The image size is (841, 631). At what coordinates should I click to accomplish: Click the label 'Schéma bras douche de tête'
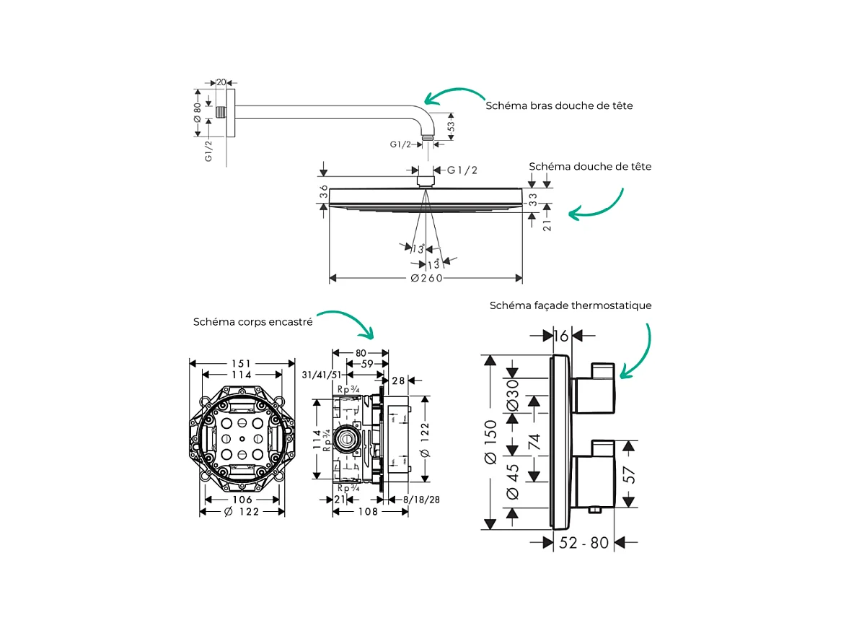click(x=559, y=105)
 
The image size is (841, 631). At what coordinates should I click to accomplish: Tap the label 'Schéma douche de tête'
click(x=590, y=167)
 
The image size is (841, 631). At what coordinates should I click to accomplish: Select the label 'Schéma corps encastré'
click(x=252, y=322)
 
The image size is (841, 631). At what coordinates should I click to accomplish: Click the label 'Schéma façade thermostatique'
click(x=571, y=305)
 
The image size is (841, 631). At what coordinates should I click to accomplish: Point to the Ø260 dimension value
click(x=426, y=279)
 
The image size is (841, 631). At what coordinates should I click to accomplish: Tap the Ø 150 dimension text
click(x=490, y=441)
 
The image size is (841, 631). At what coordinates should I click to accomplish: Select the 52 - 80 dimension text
click(x=584, y=542)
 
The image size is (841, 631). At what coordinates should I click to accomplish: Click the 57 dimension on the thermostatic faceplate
click(x=629, y=474)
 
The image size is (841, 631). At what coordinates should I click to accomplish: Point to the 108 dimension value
click(x=369, y=512)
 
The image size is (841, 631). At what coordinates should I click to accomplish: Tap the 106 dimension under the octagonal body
click(x=242, y=500)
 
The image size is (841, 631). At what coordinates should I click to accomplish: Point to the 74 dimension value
click(x=534, y=441)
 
